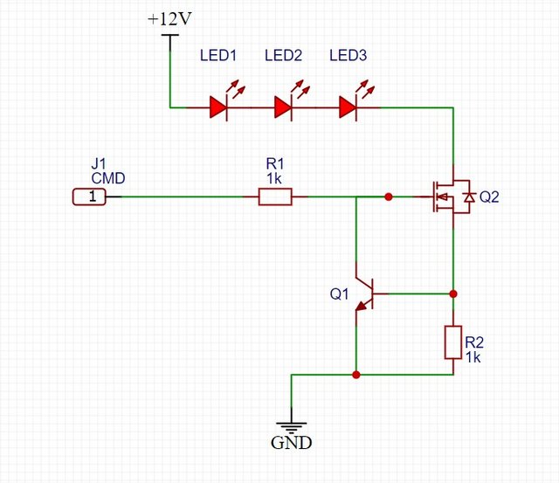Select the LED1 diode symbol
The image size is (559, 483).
(x=218, y=107)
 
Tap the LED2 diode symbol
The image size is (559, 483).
(x=283, y=107)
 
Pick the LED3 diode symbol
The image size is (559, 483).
(x=348, y=107)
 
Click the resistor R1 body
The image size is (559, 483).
(x=275, y=197)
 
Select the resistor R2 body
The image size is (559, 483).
(x=452, y=342)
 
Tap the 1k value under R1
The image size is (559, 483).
(x=275, y=177)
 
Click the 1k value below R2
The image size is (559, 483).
(x=473, y=357)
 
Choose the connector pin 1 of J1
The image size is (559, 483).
(x=89, y=197)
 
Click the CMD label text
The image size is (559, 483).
(x=108, y=178)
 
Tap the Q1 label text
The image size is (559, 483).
(x=339, y=294)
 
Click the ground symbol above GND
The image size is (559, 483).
(x=290, y=424)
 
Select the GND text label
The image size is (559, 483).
(x=290, y=443)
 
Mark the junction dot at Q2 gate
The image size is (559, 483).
(x=389, y=197)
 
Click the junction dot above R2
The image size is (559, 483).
(x=452, y=293)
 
